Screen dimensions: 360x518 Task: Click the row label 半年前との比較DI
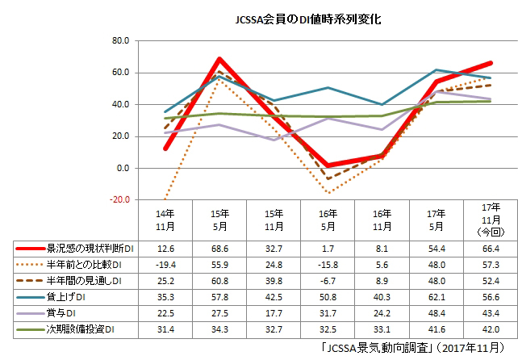click(86, 265)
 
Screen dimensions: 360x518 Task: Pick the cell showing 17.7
click(273, 313)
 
